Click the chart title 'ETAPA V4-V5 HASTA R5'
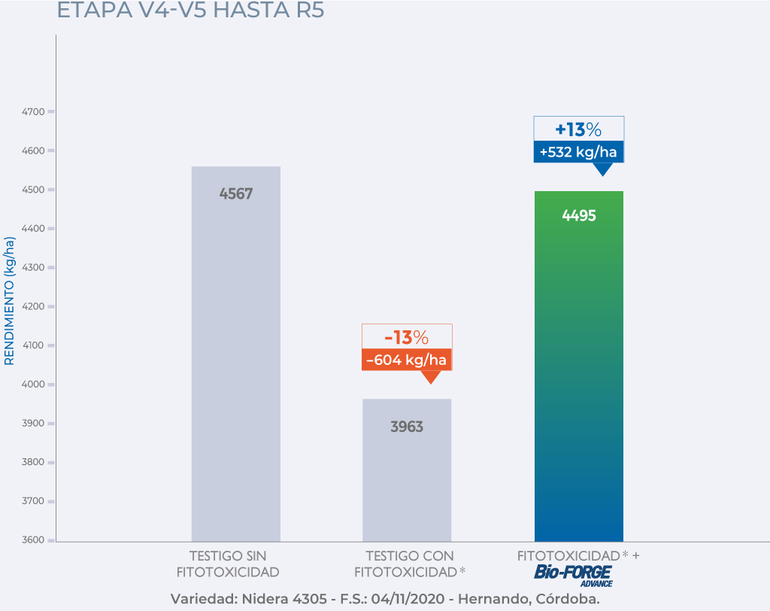pos(190,11)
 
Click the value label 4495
pos(579,216)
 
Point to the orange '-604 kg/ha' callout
pos(407,360)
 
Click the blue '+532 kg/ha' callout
pos(578,153)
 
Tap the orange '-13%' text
pos(407,336)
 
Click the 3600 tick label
pos(33,540)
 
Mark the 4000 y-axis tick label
pos(33,385)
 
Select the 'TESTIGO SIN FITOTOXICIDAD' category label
pos(228,564)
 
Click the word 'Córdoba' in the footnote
pos(567,600)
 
